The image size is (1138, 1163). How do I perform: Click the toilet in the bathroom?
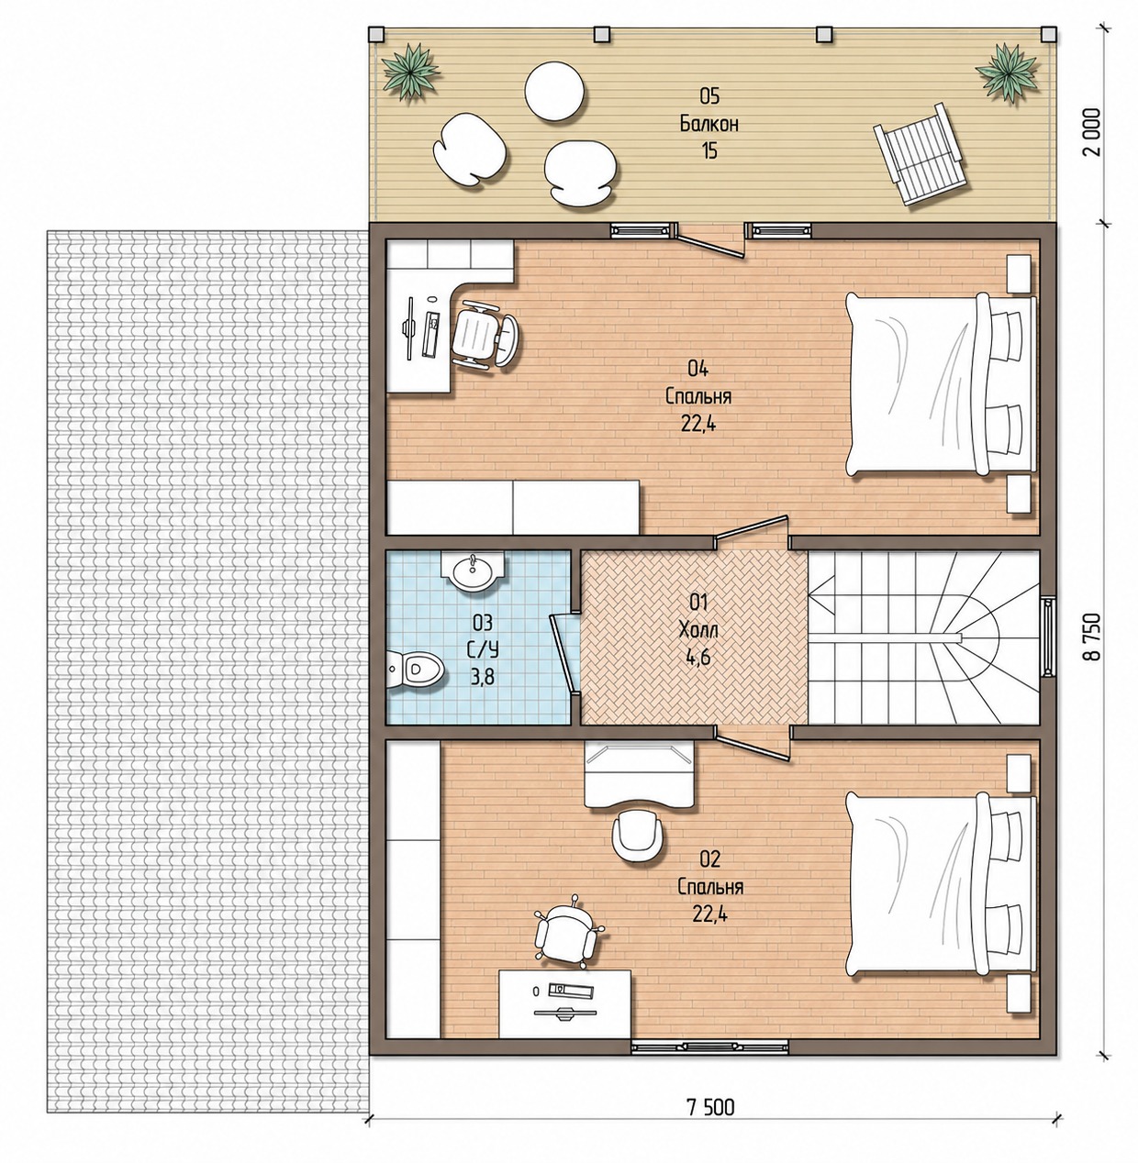click(415, 669)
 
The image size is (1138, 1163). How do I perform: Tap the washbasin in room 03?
click(473, 571)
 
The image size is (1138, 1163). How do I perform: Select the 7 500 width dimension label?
click(710, 1107)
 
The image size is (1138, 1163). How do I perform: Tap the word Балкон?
click(709, 124)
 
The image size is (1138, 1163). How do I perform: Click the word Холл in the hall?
click(697, 629)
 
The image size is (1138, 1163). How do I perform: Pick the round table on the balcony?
click(554, 92)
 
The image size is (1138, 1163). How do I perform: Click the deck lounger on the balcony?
click(920, 153)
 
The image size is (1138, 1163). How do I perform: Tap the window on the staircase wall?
click(1048, 637)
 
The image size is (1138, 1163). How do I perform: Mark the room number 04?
click(697, 370)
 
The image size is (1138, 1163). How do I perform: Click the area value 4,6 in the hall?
click(697, 658)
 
